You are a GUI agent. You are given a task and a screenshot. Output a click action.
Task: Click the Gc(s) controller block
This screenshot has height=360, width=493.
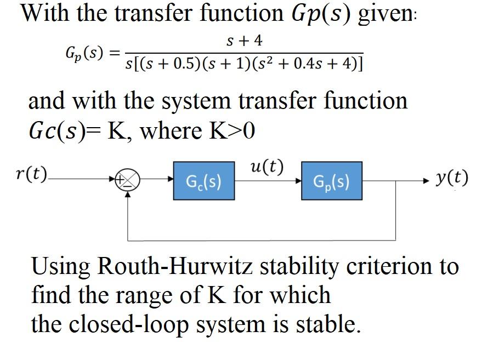(204, 180)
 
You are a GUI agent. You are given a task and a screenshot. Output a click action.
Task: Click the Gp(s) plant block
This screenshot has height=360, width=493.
(331, 180)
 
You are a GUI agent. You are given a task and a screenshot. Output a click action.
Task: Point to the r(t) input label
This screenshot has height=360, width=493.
(32, 175)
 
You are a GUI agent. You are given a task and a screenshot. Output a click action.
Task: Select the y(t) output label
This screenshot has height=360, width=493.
(452, 177)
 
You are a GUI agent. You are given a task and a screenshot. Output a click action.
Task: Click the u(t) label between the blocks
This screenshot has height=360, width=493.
(266, 167)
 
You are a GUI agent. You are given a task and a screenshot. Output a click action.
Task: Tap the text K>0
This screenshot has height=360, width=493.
(233, 130)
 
